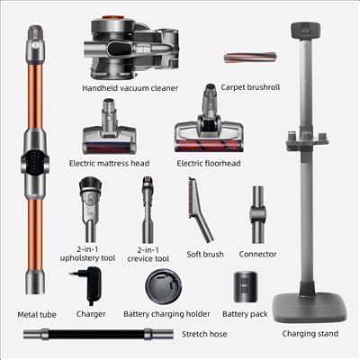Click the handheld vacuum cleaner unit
[131, 48]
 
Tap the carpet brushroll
[249, 58]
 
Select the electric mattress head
[109, 126]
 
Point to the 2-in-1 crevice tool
[148, 210]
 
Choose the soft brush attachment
[200, 210]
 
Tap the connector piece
[257, 214]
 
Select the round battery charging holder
[164, 286]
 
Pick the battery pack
[245, 287]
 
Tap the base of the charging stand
[310, 307]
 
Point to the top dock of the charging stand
[305, 31]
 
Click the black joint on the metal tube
[34, 162]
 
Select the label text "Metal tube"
[37, 315]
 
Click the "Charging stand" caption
[310, 334]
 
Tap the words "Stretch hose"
[204, 334]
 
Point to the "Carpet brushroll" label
[250, 87]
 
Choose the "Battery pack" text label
[245, 314]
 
